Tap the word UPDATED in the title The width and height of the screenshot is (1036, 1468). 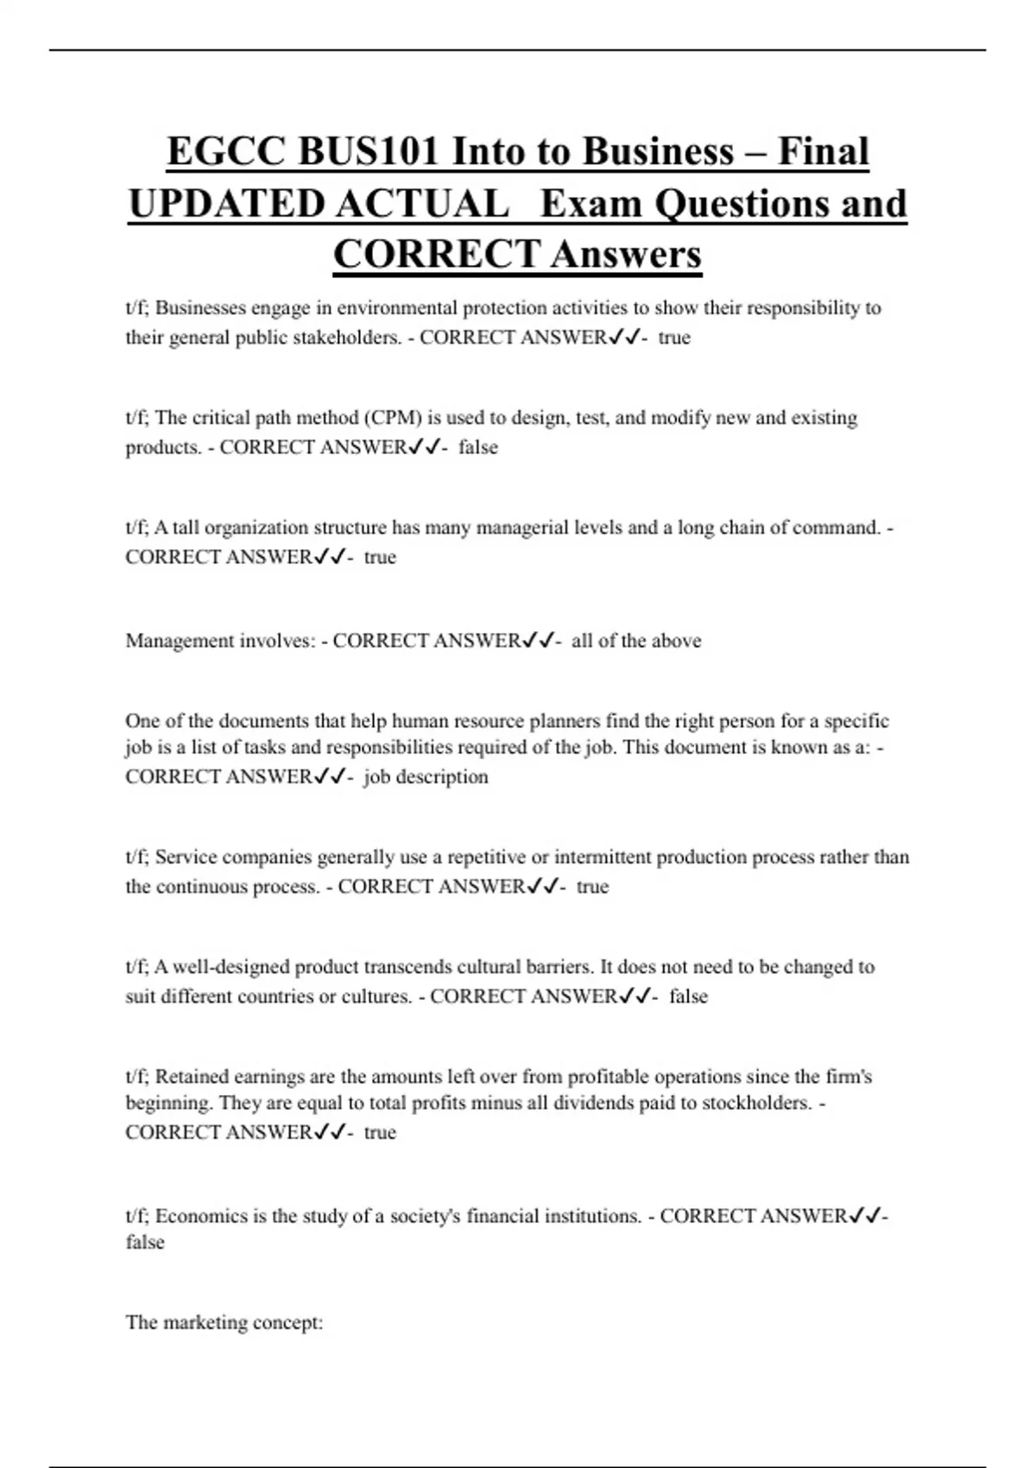[226, 205]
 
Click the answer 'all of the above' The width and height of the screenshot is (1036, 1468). [636, 641]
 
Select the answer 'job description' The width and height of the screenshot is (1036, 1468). [426, 776]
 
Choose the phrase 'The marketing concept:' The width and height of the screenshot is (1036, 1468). [224, 1322]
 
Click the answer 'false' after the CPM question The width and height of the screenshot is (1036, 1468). [478, 447]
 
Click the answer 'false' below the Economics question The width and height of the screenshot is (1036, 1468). [145, 1242]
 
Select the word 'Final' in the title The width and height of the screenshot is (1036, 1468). [823, 152]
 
